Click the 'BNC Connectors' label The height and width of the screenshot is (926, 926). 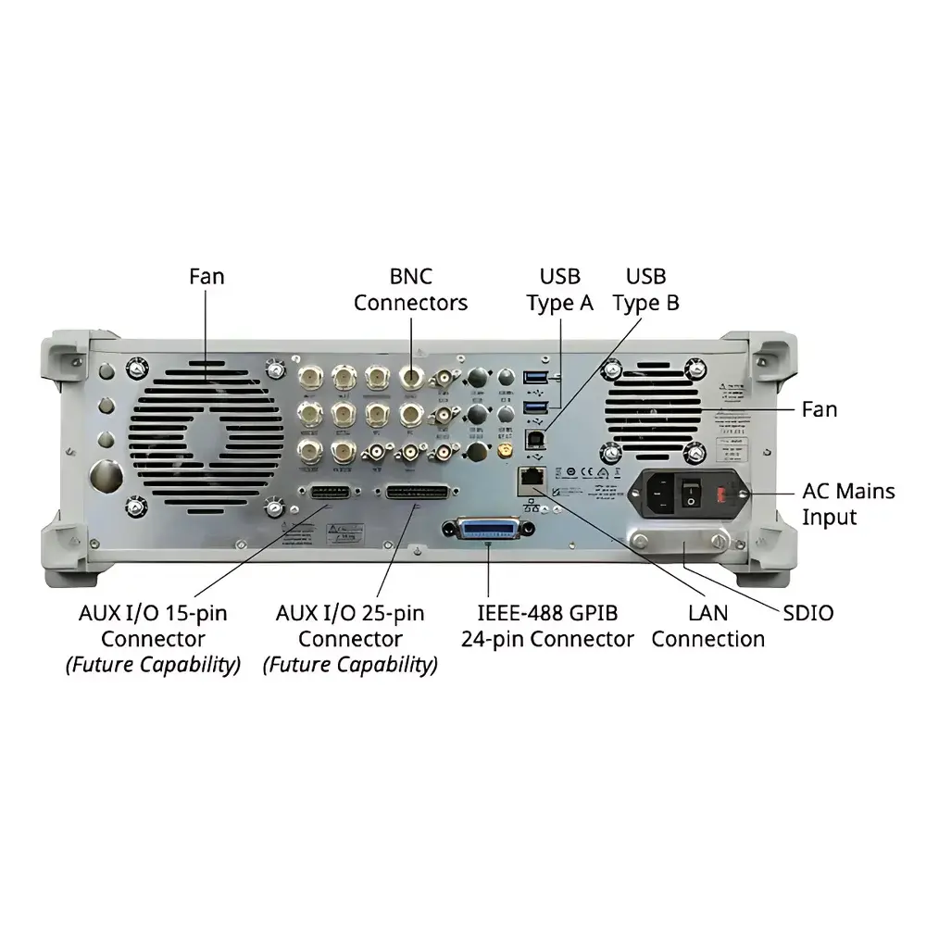pos(410,289)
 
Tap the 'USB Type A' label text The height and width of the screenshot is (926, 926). pos(559,289)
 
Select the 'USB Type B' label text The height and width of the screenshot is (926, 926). pos(645,289)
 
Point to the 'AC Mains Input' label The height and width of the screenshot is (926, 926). pos(848,504)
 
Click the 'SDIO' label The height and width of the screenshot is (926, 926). pos(807,612)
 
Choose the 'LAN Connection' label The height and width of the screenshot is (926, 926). pos(708,626)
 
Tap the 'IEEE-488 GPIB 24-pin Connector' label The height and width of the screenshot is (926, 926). pos(547,626)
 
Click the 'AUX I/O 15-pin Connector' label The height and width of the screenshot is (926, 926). pos(153,626)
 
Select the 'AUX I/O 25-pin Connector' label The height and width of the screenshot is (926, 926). pos(350,626)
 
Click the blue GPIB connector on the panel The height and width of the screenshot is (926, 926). pos(489,531)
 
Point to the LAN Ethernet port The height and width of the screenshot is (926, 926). pos(532,479)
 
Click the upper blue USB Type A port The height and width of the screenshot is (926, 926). pos(535,377)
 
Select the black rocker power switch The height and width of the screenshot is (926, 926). pos(691,494)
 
